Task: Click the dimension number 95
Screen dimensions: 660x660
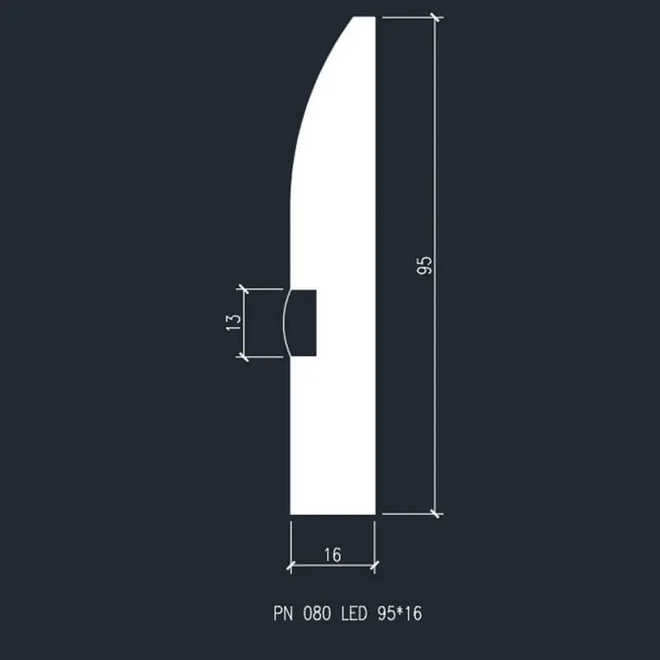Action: (424, 265)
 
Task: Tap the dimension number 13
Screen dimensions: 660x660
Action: (234, 323)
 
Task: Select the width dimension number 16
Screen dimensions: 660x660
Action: (332, 554)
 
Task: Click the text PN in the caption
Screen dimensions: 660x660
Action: (283, 613)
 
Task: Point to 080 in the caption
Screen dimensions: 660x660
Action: (317, 613)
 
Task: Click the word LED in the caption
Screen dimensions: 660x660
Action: (354, 613)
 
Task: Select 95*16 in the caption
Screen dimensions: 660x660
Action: (399, 613)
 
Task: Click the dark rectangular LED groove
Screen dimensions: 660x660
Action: (304, 323)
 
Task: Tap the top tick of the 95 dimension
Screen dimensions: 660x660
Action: (436, 17)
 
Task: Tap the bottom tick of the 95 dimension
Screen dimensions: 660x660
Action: (436, 513)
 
